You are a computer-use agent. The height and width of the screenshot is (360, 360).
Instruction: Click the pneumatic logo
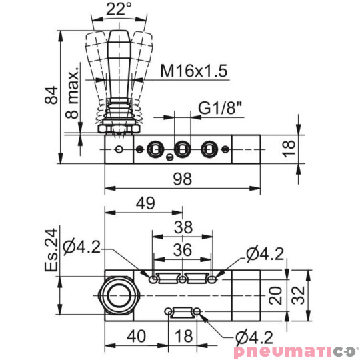(295, 351)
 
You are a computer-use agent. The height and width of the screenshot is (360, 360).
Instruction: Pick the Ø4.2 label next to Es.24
(84, 248)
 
